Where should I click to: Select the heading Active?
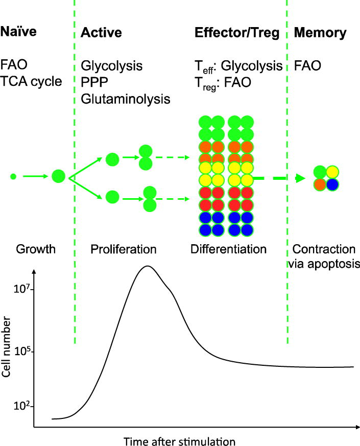tap(101, 33)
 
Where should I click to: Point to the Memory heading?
tap(320, 33)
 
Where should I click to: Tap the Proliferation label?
tap(123, 250)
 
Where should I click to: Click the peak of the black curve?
tap(148, 266)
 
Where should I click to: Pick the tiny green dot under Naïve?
tap(13, 177)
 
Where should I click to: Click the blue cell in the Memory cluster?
tap(332, 184)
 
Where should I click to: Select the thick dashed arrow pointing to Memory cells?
tap(279, 178)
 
